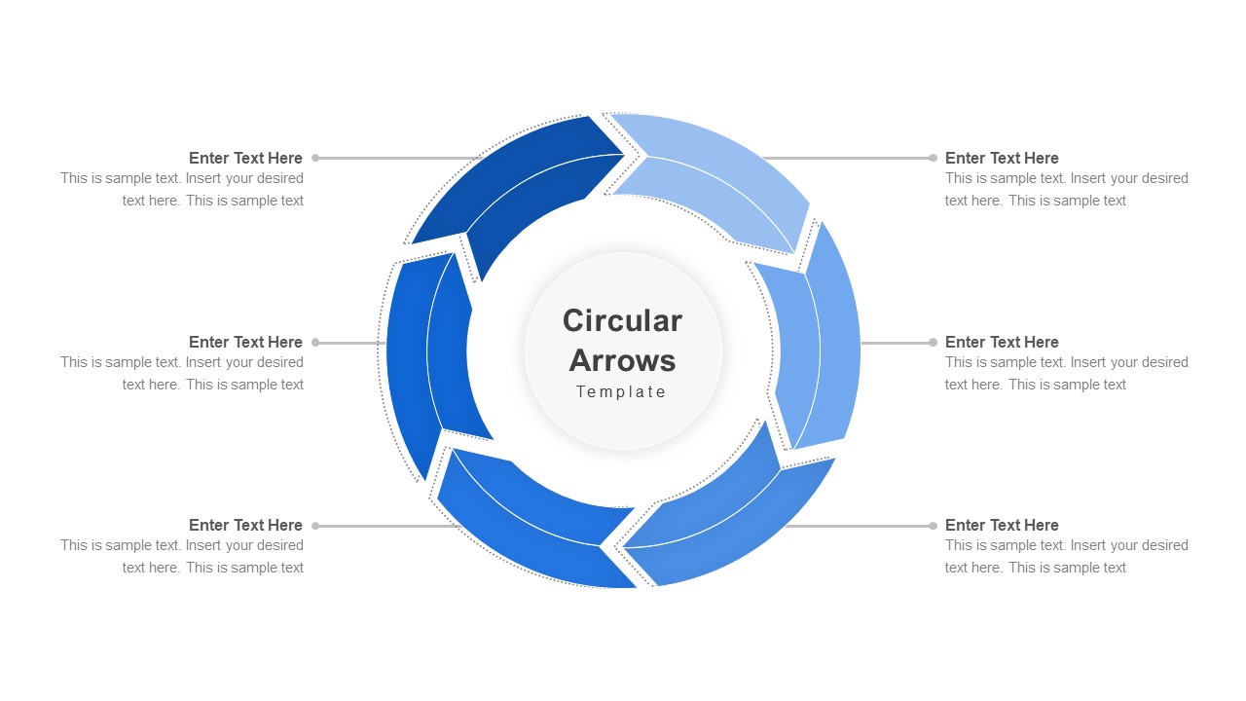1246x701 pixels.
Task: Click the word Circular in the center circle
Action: (622, 320)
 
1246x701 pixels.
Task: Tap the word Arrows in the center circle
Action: (622, 360)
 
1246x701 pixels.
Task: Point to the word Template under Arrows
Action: (621, 391)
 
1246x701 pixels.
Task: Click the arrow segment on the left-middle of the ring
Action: (428, 360)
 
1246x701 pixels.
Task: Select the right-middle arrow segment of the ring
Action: (818, 341)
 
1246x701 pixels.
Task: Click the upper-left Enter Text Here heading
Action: (245, 158)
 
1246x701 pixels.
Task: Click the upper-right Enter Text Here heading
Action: (1002, 158)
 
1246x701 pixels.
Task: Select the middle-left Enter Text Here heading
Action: (245, 342)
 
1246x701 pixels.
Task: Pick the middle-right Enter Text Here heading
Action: (1002, 342)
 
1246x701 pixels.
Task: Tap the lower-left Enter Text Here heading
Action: (245, 525)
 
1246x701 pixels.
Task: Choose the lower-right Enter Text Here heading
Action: (1002, 525)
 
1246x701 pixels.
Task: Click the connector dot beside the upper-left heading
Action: (315, 158)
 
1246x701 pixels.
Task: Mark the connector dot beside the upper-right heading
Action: (933, 158)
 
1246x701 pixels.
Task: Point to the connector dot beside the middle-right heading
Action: (933, 342)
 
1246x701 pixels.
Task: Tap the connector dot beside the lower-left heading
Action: (315, 526)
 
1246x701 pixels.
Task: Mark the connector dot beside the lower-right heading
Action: (933, 526)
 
